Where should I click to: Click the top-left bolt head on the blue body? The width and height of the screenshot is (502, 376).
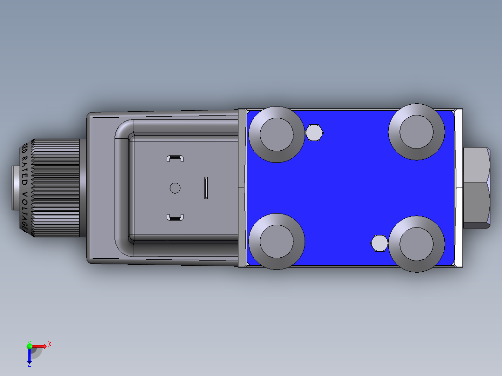point(277,134)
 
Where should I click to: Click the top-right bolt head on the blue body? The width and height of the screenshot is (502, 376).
point(416,132)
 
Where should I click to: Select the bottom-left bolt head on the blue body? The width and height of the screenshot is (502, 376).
point(277,241)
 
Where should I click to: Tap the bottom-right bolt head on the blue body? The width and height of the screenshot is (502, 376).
point(416,244)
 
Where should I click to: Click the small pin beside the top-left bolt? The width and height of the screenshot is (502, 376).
point(314,133)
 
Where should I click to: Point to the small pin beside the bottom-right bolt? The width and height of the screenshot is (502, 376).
point(379,243)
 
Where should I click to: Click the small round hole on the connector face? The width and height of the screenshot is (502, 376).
point(175,188)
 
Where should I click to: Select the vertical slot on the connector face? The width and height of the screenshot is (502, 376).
point(206,188)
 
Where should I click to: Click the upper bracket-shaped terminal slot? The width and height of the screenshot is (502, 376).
point(175,159)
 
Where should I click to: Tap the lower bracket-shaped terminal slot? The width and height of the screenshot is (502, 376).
point(175,217)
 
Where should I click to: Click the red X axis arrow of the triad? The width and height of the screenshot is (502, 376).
point(41,346)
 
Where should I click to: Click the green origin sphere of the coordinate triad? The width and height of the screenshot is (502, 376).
point(29,346)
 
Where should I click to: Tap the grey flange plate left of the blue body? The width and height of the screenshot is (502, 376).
point(242,188)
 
